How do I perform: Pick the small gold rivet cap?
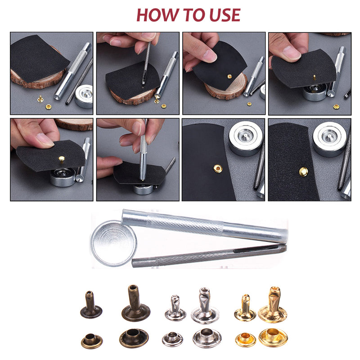245,339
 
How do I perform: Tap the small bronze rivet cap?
91,341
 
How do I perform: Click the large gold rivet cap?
273,337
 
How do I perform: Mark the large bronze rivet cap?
134,337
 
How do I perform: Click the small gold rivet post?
245,307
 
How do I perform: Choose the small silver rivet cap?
173,338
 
